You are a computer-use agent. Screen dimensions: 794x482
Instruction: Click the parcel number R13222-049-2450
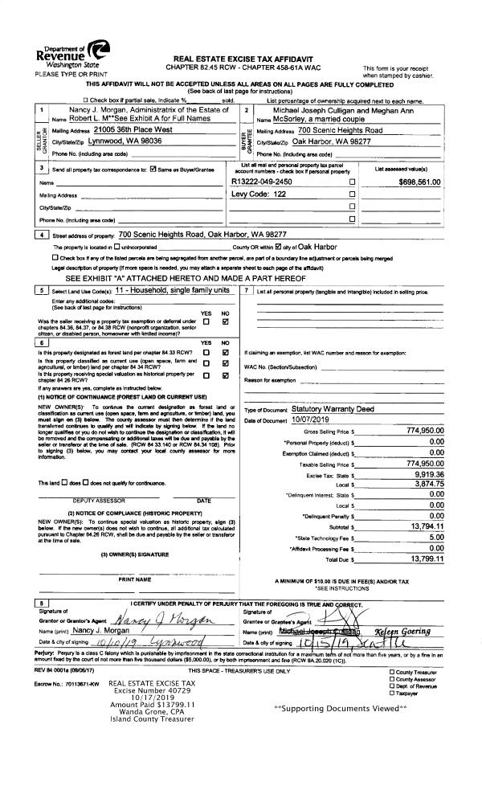pos(261,182)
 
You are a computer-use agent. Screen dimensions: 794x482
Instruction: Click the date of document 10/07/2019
pos(288,420)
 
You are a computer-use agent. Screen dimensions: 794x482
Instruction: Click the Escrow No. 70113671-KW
pos(55,706)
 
